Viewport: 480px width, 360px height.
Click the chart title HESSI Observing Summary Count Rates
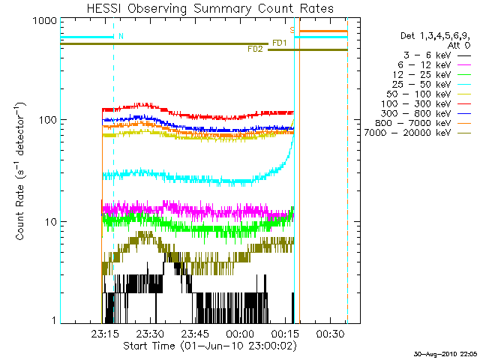pyautogui.click(x=209, y=9)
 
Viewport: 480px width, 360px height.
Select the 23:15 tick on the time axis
pyautogui.click(x=105, y=332)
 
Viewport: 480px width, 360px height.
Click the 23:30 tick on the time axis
pyautogui.click(x=150, y=332)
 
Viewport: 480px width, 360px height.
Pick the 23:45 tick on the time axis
pyautogui.click(x=195, y=332)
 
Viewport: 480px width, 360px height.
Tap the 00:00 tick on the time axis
pyautogui.click(x=240, y=332)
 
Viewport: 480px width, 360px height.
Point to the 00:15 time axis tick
pyautogui.click(x=285, y=332)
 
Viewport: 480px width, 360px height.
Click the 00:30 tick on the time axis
pyautogui.click(x=330, y=332)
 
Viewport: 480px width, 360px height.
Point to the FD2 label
pyautogui.click(x=255, y=49)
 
